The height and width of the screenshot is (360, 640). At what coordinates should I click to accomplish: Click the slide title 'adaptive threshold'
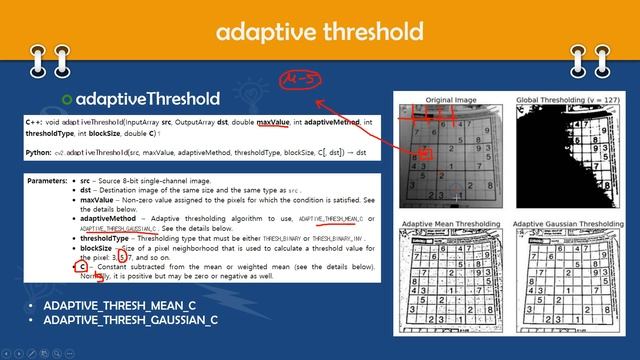click(320, 32)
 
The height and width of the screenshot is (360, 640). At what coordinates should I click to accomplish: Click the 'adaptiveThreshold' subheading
click(147, 99)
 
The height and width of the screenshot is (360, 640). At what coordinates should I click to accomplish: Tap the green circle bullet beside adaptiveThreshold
click(67, 99)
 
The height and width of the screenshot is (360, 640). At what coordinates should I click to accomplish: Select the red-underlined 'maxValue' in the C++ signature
click(273, 121)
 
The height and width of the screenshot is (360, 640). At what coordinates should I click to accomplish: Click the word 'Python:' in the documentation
click(39, 152)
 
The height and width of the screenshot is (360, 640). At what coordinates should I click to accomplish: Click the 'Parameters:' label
click(48, 183)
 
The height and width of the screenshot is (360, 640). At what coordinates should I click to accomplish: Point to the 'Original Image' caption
click(452, 100)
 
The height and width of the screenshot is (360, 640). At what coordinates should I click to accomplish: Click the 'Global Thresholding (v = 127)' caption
click(567, 100)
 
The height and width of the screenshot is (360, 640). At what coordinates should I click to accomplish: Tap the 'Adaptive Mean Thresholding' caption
click(452, 223)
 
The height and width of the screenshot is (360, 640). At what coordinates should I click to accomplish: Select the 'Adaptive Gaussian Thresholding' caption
click(567, 223)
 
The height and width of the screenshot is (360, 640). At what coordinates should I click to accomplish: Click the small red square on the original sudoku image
click(426, 155)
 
